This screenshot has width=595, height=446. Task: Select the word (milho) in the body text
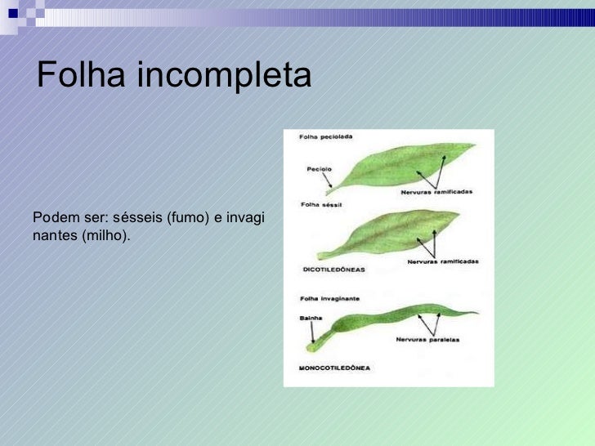coord(105,235)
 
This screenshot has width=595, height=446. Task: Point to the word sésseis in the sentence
coord(141,218)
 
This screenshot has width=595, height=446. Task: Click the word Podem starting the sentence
coord(51,218)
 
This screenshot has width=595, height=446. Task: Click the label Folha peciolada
coord(326,136)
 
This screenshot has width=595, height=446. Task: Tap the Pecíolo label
coord(319,169)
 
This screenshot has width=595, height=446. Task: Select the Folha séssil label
coord(320,204)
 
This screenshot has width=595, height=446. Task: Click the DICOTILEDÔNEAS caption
coord(333,268)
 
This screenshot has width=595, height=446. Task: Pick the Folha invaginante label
coord(329,299)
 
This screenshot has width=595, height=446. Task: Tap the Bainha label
coord(311,317)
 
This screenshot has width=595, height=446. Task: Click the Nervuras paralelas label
coord(427,339)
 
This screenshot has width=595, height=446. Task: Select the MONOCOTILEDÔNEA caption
coord(334,368)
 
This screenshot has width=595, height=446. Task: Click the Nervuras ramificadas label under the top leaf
coord(436,192)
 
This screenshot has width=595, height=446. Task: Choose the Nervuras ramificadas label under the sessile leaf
coord(442,261)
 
